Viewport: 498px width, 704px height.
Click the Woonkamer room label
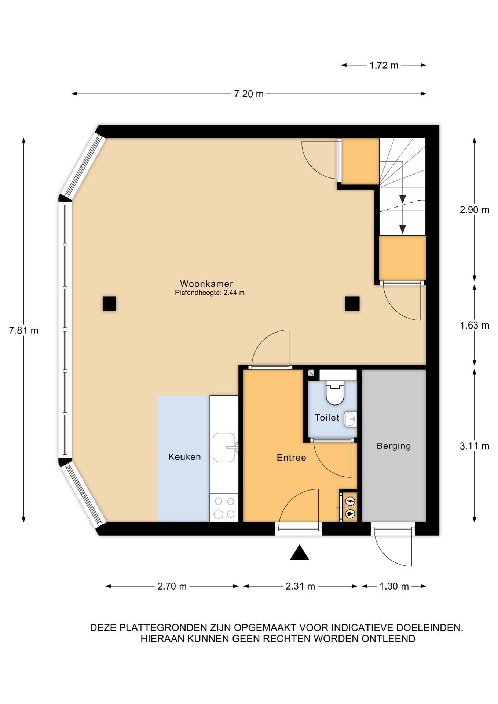point(206,283)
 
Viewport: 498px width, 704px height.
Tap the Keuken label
point(184,457)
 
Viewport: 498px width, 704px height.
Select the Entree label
point(291,458)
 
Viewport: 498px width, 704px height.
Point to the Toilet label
point(327,418)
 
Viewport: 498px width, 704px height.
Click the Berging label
point(394,446)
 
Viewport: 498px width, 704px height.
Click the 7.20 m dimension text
point(249,94)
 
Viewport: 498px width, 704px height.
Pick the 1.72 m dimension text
point(384,65)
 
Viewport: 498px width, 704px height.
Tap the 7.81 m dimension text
point(23,330)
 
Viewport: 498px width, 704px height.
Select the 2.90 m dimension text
point(475,210)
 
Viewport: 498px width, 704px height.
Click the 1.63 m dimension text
point(475,325)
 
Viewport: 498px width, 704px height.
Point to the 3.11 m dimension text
point(475,446)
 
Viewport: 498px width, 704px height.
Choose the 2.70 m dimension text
point(172,586)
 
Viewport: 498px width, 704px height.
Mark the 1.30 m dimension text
point(394,586)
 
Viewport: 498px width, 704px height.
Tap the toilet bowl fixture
point(335,392)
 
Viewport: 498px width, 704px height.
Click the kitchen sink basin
point(224,447)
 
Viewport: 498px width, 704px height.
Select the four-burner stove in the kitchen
point(224,507)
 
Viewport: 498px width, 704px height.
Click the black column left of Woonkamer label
point(109,304)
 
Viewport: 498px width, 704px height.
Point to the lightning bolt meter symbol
point(351,501)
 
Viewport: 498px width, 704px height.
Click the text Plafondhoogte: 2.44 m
point(210,293)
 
